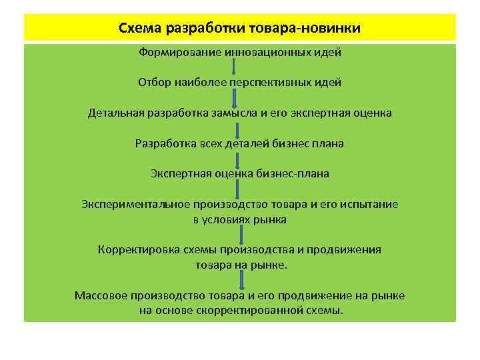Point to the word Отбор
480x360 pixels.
(153, 82)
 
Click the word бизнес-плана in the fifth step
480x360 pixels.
(293, 173)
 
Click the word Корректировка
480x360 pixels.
(134, 249)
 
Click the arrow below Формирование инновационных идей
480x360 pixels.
(234, 67)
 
